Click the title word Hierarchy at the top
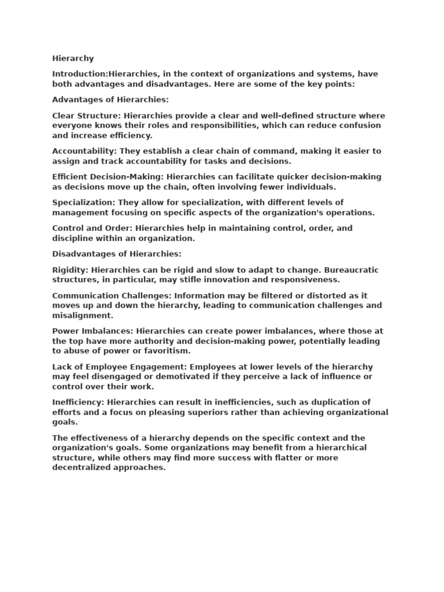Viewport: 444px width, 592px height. click(x=73, y=58)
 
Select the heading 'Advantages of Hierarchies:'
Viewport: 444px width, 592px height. click(x=110, y=100)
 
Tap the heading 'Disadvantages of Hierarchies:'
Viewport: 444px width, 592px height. click(x=117, y=254)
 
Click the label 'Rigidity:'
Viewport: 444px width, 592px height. click(x=71, y=270)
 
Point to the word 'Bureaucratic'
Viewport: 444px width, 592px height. click(x=352, y=270)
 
